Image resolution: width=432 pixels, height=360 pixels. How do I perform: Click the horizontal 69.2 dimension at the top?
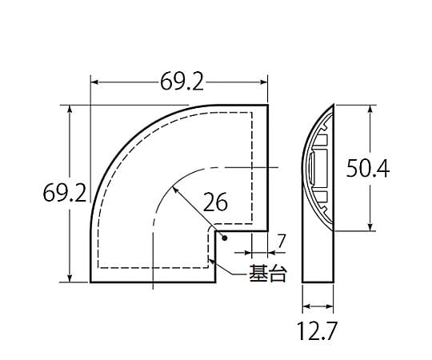182,82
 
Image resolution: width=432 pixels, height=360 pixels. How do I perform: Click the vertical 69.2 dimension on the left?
65,193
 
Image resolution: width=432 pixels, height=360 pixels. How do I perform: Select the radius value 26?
215,202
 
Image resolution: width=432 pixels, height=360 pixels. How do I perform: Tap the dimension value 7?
281,242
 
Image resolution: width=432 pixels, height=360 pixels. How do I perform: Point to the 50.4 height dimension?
367,168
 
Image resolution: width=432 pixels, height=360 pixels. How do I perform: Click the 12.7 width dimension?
317,331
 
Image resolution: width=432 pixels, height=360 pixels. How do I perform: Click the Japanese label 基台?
268,273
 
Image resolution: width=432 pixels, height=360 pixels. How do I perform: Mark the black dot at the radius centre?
225,238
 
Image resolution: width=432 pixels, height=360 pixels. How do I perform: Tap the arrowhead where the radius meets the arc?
174,190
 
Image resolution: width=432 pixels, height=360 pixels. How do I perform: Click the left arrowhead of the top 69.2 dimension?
94,82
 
